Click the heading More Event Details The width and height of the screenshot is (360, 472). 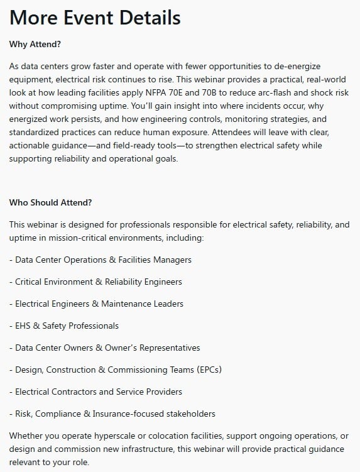point(95,17)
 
